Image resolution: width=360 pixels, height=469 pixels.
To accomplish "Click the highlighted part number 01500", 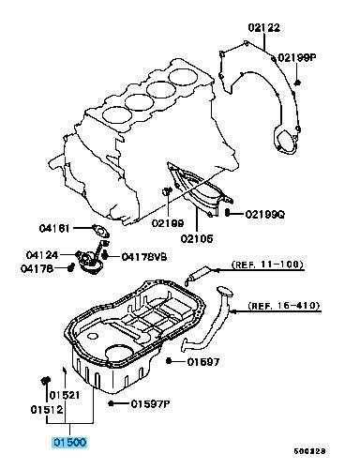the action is (69, 443).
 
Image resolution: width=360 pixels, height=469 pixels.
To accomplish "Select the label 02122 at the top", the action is (264, 27).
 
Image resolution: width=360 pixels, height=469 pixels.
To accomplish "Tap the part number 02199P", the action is (297, 57).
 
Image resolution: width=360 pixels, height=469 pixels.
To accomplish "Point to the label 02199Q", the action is (265, 214).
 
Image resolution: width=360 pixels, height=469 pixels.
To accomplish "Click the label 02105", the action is (197, 238).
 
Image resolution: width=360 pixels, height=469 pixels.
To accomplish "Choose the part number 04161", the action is (54, 228).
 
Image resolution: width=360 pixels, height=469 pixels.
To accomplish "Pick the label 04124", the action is (42, 255).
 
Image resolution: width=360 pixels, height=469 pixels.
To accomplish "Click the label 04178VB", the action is (144, 257).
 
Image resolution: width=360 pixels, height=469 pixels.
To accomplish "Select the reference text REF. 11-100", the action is (267, 265).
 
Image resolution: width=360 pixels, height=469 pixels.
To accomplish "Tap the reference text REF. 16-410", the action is (284, 305).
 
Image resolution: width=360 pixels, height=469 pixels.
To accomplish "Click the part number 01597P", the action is (150, 404).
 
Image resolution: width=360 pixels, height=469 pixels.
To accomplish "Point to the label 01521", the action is (65, 395).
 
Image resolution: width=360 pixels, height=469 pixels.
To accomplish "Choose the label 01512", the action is (47, 409).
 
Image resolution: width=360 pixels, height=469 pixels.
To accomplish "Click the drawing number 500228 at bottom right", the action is (309, 451).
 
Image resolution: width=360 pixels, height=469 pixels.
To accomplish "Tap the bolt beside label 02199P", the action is (297, 83).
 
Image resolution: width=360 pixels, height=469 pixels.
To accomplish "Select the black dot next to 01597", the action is (169, 361).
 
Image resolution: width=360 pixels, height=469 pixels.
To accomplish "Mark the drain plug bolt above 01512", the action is (46, 381).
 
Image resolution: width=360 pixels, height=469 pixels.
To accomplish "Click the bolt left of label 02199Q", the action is (228, 213).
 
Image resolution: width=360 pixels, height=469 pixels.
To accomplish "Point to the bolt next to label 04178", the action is (70, 267).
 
